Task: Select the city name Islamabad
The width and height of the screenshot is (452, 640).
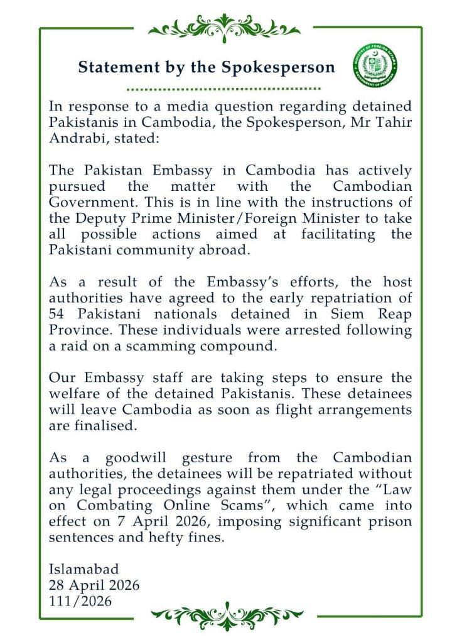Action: pos(83,570)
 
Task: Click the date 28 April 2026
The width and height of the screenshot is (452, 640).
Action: pos(94,585)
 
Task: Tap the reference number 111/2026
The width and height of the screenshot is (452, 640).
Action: pos(80,601)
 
